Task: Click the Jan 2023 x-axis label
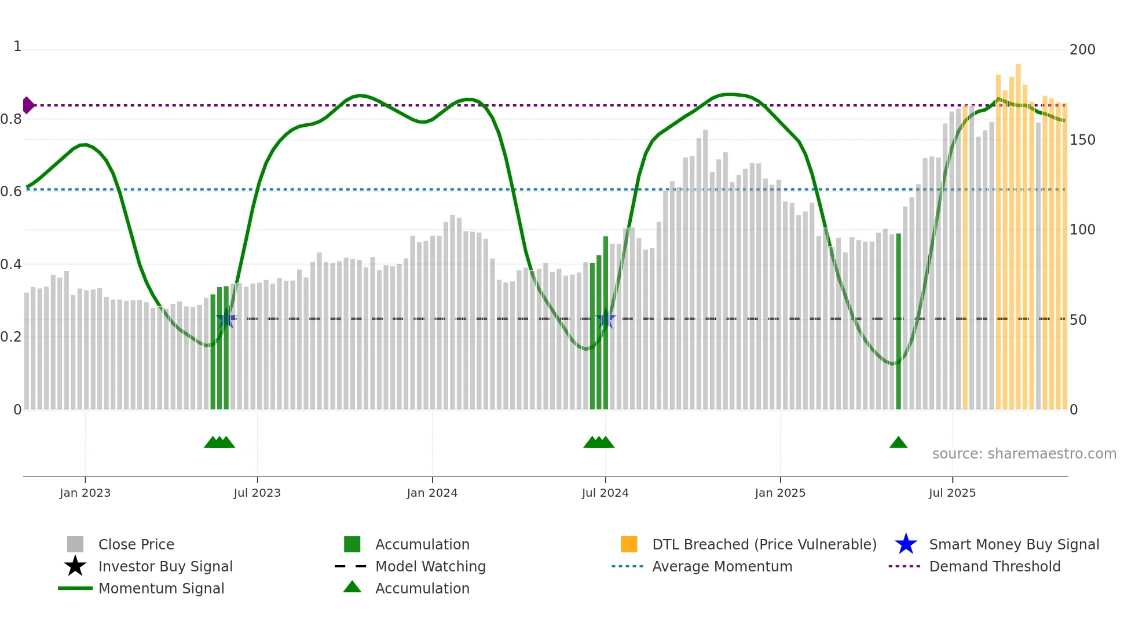(x=85, y=493)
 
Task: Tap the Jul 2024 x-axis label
(x=605, y=493)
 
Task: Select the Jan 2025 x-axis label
(x=780, y=493)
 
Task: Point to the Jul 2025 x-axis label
(x=952, y=493)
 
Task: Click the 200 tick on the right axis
(x=1082, y=50)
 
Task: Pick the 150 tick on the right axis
(x=1082, y=140)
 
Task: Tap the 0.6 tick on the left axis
(x=11, y=192)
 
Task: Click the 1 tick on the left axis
(x=17, y=46)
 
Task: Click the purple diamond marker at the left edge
(x=28, y=105)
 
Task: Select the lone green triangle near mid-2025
(x=898, y=443)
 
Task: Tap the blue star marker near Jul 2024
(x=605, y=319)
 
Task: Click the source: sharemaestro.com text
(x=1024, y=454)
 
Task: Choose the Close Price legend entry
(x=136, y=545)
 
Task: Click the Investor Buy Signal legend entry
(x=165, y=567)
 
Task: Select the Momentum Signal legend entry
(x=161, y=589)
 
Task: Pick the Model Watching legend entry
(x=430, y=567)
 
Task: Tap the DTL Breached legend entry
(x=764, y=545)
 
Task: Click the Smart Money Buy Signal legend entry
(x=1014, y=545)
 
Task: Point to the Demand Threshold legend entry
(x=994, y=567)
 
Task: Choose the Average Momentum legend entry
(x=722, y=567)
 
